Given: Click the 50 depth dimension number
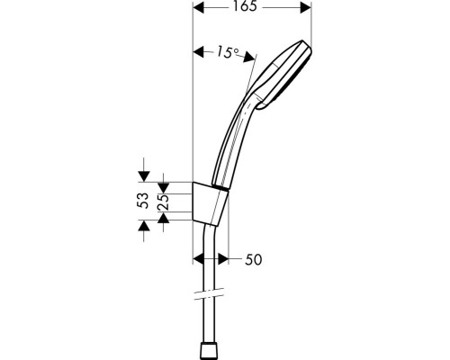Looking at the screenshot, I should coord(253,261).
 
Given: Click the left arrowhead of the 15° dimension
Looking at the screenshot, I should coord(199,50).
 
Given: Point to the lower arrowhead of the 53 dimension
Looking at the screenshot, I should coord(141,229).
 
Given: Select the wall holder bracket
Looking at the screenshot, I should coord(211,202).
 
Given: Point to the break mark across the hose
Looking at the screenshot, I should coord(207,294).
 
